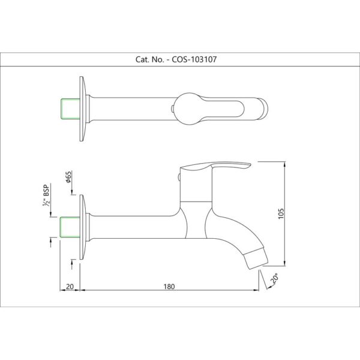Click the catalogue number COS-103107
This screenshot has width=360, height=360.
click(x=194, y=59)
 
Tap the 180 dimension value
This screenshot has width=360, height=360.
click(x=169, y=287)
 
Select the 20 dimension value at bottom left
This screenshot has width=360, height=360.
click(x=70, y=287)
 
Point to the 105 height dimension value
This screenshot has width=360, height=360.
click(x=281, y=214)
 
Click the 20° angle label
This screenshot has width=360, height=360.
click(x=275, y=278)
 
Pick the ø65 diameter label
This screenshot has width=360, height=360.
click(x=68, y=177)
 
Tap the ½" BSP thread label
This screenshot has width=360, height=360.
click(x=46, y=195)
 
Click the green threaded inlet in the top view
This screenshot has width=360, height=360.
click(x=70, y=109)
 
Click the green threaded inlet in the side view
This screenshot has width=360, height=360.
click(x=70, y=227)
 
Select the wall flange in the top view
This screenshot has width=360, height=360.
click(x=83, y=109)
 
